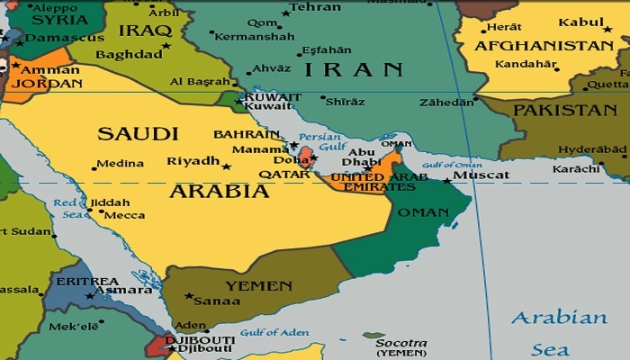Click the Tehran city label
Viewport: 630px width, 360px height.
(317, 8)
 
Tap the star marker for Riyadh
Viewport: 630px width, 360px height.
(226, 166)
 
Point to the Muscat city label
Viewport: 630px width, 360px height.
(482, 175)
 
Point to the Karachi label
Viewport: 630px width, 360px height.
(577, 168)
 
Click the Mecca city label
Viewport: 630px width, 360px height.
(124, 215)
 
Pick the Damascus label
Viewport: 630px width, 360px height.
(54, 39)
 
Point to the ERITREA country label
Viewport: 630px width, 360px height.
(88, 282)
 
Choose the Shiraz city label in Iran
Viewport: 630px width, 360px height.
(344, 102)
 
